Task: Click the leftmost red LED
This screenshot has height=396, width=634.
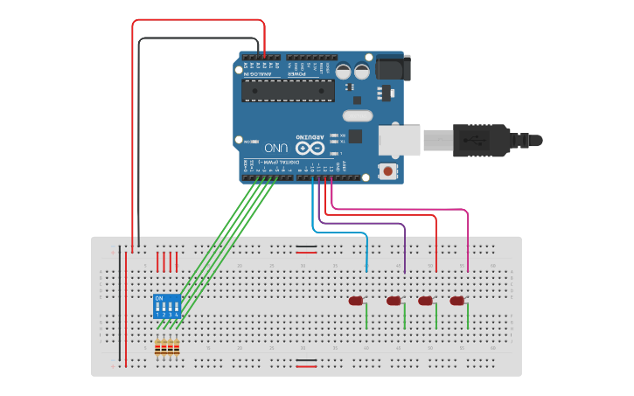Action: point(356,301)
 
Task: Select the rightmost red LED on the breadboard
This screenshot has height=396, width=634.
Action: point(456,301)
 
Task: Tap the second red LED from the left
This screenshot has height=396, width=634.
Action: point(394,301)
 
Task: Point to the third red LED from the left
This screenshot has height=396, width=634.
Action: point(425,301)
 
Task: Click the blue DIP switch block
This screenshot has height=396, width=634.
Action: point(167,306)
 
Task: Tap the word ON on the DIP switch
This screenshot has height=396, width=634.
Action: point(159,298)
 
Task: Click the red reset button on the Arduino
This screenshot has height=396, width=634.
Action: point(387,170)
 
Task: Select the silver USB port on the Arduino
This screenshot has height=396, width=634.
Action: point(400,141)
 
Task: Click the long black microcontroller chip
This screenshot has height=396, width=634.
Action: point(288,91)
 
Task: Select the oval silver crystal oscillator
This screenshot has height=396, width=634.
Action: point(357,115)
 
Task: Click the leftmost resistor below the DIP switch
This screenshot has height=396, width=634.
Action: point(158,348)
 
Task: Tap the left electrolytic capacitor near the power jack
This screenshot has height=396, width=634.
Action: point(343,71)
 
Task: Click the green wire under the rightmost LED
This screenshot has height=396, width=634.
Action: point(468,316)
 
